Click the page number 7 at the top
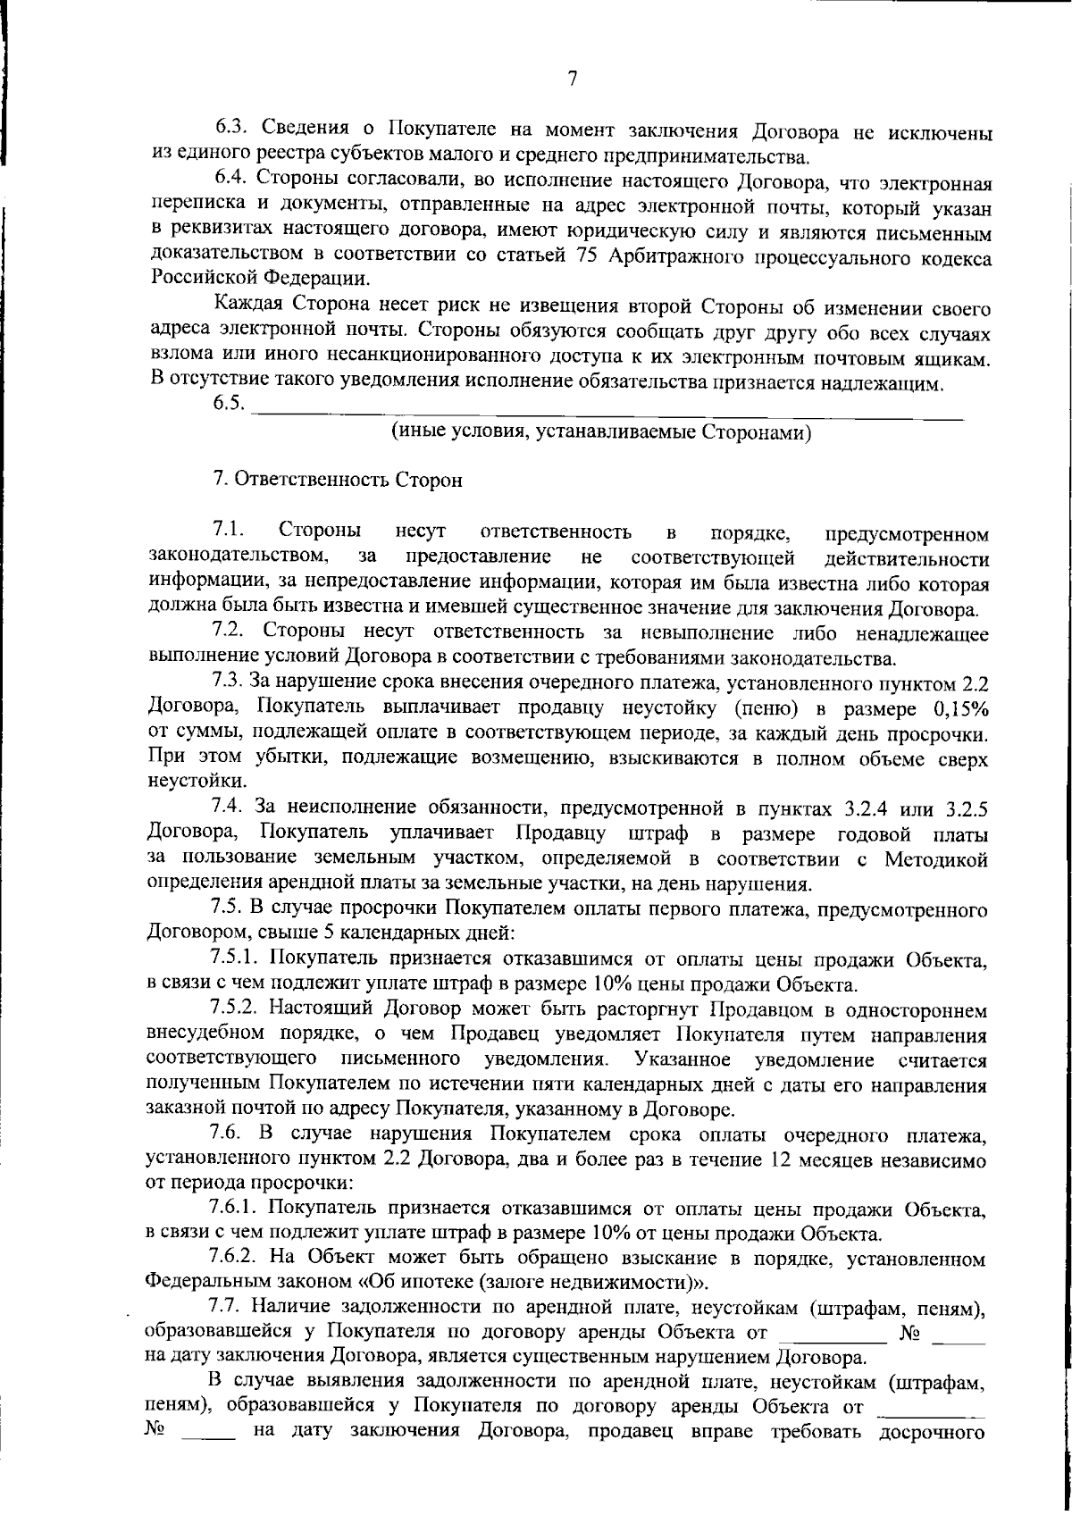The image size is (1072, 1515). pyautogui.click(x=573, y=79)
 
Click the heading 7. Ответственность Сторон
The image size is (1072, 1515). pyautogui.click(x=338, y=480)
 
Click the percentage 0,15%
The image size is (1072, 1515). pyautogui.click(x=959, y=709)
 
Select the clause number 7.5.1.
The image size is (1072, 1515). pyautogui.click(x=234, y=960)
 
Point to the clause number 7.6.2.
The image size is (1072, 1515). pyautogui.click(x=234, y=1260)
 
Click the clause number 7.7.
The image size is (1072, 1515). pyautogui.click(x=228, y=1309)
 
